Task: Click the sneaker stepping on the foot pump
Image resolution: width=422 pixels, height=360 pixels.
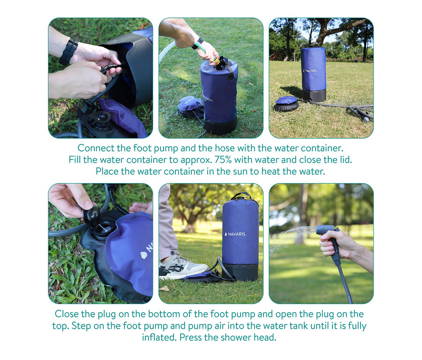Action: pyautogui.click(x=182, y=267)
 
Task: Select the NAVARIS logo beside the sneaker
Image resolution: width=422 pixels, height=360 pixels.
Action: pyautogui.click(x=235, y=234)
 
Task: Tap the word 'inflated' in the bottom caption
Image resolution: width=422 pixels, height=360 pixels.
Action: pyautogui.click(x=159, y=337)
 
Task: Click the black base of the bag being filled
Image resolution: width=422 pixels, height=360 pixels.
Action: pyautogui.click(x=220, y=126)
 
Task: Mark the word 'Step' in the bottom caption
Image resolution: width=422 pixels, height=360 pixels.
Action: pyautogui.click(x=81, y=326)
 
